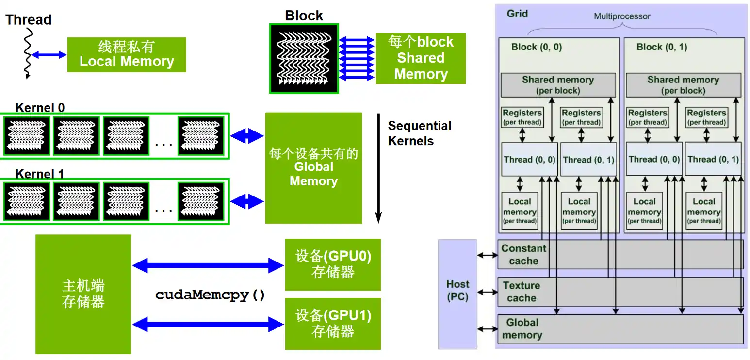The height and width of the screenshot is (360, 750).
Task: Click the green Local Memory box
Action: [x=126, y=55]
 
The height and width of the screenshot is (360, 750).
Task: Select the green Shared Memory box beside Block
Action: [x=420, y=58]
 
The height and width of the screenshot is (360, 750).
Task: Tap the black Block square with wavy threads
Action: [x=304, y=58]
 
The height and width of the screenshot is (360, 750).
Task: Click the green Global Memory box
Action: [x=313, y=168]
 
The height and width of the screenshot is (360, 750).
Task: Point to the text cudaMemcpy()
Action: [x=210, y=295]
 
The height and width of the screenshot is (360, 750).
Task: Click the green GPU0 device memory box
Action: [x=333, y=264]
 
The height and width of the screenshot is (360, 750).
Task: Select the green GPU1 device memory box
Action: [x=333, y=324]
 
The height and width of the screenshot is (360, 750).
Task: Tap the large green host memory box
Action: [x=83, y=294]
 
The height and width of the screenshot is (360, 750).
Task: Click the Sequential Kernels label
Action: [x=419, y=133]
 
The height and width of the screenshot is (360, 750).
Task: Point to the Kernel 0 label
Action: [x=40, y=108]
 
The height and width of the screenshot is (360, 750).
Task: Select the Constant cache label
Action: [x=523, y=255]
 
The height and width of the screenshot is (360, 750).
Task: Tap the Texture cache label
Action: [x=521, y=292]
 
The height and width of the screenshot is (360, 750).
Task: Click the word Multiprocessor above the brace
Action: [x=622, y=16]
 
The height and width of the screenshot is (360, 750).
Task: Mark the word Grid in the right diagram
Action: [x=517, y=14]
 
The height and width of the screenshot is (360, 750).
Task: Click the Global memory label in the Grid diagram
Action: [x=522, y=329]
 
